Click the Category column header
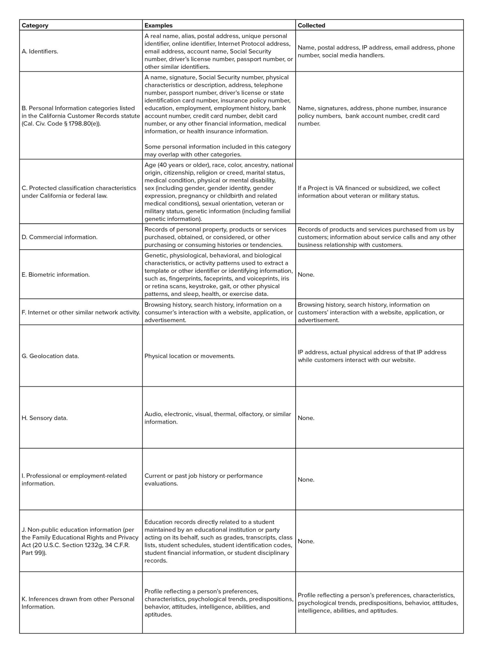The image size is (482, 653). (x=35, y=26)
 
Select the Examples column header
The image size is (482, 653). (x=159, y=26)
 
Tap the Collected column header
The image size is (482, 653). (x=311, y=26)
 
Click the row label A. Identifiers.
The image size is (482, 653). (x=40, y=51)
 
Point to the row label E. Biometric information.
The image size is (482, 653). (x=56, y=275)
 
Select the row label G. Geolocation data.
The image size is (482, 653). (x=50, y=356)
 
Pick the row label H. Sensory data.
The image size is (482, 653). (x=45, y=418)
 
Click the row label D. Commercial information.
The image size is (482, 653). (x=60, y=237)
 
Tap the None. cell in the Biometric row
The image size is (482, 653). (x=306, y=275)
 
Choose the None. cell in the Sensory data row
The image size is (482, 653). (x=306, y=418)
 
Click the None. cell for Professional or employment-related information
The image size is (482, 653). (x=306, y=480)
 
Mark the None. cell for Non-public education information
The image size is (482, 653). (x=306, y=541)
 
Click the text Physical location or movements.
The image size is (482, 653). (x=189, y=356)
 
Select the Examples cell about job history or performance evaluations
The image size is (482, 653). (x=204, y=480)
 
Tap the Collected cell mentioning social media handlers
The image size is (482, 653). (x=376, y=51)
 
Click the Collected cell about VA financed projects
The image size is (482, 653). (x=369, y=192)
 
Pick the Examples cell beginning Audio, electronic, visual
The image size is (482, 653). (x=218, y=418)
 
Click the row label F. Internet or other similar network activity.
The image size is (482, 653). (x=81, y=312)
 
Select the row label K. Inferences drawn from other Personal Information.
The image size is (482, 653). (x=78, y=603)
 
